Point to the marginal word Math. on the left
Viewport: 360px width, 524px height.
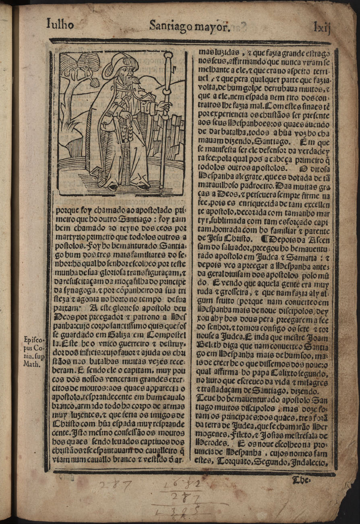(x=32, y=365)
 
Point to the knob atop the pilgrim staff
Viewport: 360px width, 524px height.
(x=168, y=55)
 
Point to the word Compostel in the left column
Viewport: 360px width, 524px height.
(x=166, y=335)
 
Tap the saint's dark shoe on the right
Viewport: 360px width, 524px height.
(x=141, y=186)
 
